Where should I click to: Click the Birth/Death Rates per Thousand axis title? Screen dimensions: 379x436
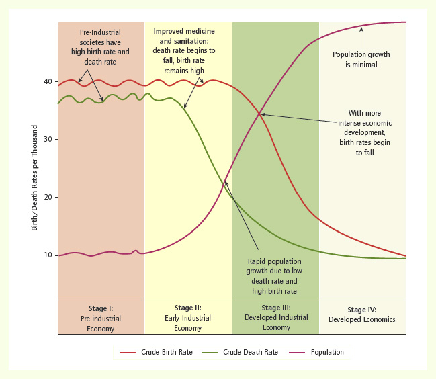click(x=35, y=177)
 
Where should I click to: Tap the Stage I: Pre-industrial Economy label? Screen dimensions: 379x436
click(x=101, y=319)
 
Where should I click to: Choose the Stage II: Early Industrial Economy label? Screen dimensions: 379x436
click(x=188, y=319)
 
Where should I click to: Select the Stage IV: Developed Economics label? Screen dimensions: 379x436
click(x=362, y=314)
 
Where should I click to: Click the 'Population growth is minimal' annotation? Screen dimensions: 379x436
click(x=361, y=59)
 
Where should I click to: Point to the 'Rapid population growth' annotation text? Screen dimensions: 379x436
click(x=274, y=276)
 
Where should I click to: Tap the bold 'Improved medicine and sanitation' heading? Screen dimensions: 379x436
click(x=184, y=36)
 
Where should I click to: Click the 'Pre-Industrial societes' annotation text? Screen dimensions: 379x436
click(x=101, y=46)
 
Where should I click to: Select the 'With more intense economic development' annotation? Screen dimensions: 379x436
click(x=365, y=133)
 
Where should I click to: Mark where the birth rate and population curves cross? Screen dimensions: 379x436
click(x=260, y=114)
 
